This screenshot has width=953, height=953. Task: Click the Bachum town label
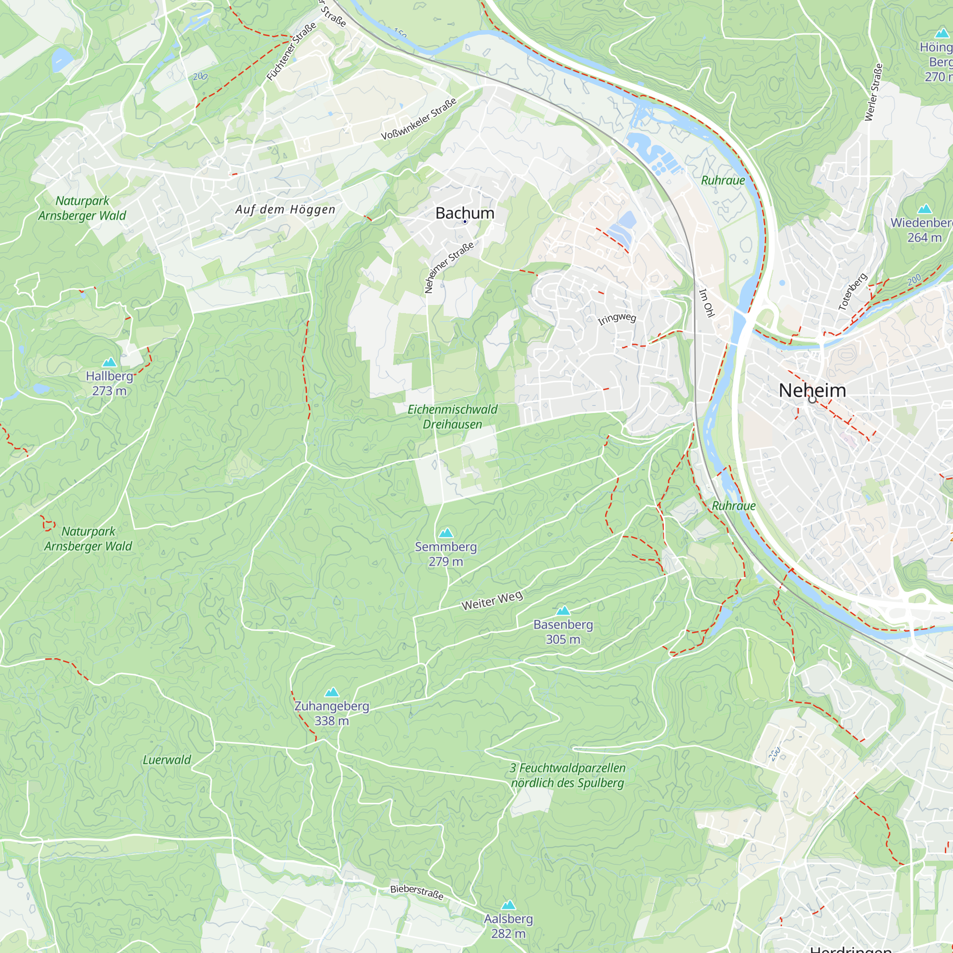(465, 213)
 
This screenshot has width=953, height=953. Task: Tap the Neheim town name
(812, 390)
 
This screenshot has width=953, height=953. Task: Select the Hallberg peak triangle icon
(109, 363)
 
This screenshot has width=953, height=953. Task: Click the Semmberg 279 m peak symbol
(446, 533)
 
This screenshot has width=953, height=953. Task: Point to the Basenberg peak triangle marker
(563, 611)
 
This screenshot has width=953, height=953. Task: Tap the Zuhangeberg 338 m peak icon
(332, 692)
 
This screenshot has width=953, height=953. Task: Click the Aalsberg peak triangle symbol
(508, 905)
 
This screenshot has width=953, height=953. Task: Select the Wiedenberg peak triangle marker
(925, 209)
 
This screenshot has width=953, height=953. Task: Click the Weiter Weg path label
(492, 600)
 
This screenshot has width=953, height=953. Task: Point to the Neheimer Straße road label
(449, 267)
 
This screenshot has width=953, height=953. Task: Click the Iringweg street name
(617, 318)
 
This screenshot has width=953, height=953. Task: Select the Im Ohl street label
(706, 303)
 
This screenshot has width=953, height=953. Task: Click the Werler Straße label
(873, 92)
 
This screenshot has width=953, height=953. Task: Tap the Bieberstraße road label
(417, 892)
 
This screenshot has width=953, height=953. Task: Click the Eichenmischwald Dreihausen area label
(452, 417)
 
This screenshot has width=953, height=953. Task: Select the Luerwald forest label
(167, 760)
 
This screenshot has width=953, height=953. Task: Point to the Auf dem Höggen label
(285, 210)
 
